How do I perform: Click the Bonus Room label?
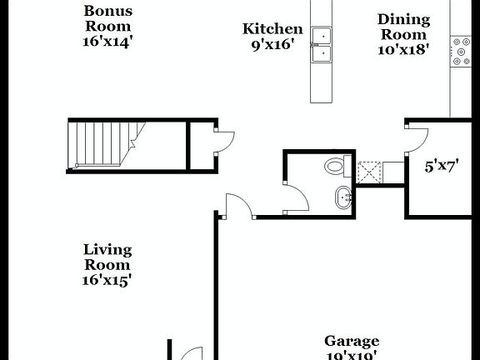[x=107, y=18]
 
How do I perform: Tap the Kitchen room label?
[x=272, y=29]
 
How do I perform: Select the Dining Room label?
[x=403, y=26]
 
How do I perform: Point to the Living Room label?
[x=107, y=257]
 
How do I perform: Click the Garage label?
[x=351, y=341]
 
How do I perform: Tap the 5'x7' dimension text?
[x=443, y=166]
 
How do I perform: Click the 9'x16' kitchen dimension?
[x=272, y=45]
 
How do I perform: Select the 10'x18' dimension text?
[x=403, y=49]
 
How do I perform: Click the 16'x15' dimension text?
[x=107, y=281]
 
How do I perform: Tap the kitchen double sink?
[x=322, y=45]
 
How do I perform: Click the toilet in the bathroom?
[x=336, y=165]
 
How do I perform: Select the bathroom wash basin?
[x=342, y=198]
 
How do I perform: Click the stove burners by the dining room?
[x=460, y=52]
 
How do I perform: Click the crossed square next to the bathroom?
[x=367, y=172]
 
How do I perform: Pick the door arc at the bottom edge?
[x=191, y=353]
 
